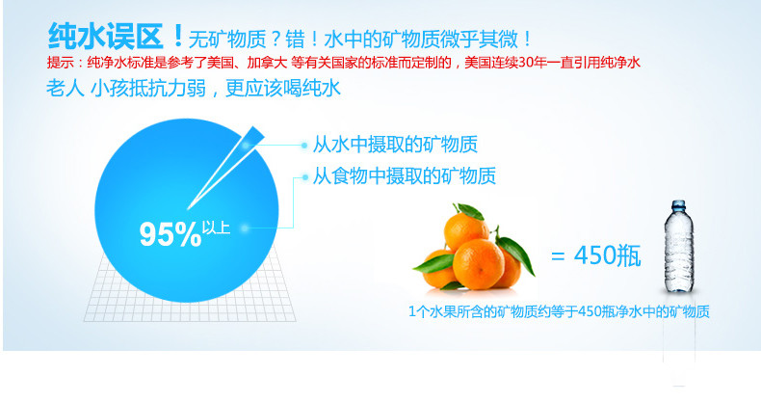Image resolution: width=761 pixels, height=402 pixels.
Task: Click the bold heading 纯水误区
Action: [x=106, y=37]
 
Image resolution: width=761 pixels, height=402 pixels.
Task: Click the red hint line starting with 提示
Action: [x=344, y=63]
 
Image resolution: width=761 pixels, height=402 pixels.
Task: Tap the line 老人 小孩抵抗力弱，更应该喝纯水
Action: [x=194, y=89]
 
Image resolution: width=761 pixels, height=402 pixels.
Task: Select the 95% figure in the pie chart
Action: [x=171, y=234]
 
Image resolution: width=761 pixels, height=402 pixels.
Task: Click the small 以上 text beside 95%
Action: [x=216, y=228]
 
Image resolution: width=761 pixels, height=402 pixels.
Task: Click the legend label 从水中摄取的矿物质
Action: [x=395, y=145]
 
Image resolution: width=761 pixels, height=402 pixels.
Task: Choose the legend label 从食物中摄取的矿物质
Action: [x=404, y=175]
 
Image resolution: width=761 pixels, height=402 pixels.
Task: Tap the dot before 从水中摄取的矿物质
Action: [x=304, y=145]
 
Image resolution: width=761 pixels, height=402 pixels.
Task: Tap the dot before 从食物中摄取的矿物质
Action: [x=304, y=177]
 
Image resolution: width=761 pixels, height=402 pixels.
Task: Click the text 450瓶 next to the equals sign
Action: [x=607, y=255]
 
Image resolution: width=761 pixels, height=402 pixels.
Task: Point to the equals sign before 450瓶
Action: [x=558, y=256]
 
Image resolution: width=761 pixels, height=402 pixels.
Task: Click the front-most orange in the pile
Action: [x=478, y=264]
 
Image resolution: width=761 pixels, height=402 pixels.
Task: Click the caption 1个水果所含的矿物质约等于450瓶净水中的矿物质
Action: [x=559, y=311]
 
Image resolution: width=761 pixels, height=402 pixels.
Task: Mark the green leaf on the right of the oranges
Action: [x=517, y=254]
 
